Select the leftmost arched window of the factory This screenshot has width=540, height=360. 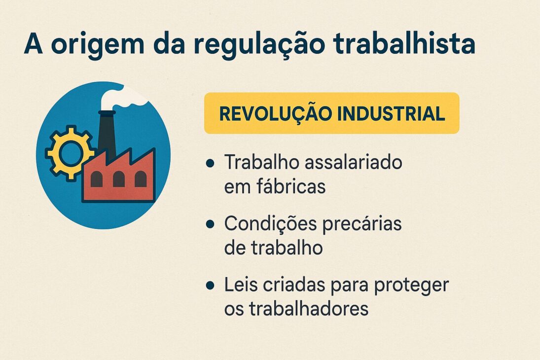(97, 179)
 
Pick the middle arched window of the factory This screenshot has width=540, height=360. (119, 179)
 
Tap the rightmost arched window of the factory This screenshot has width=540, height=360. (141, 179)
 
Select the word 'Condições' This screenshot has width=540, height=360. (269, 224)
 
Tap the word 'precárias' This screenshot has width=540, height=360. (363, 224)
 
